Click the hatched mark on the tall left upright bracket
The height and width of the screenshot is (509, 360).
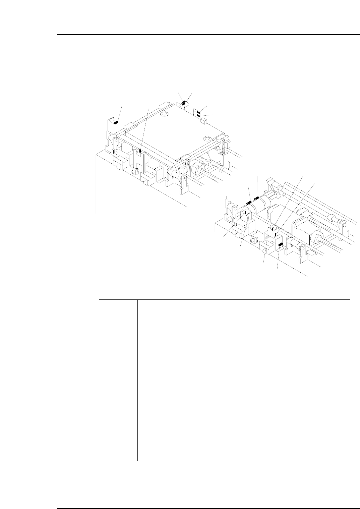coord(115,122)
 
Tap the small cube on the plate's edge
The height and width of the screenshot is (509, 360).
coord(202,120)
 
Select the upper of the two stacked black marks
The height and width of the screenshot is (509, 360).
coord(198,112)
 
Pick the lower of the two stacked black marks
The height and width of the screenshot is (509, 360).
coord(198,116)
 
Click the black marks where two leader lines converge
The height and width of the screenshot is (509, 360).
coord(184,103)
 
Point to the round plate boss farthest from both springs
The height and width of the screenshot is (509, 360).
coord(164,114)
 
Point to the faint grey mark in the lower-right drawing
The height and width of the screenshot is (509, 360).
coord(267,237)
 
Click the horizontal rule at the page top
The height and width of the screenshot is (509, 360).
coord(208,35)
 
